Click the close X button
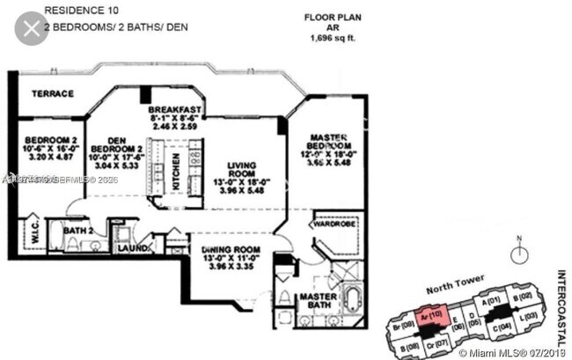tap(32, 30)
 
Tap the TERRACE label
tap(52, 92)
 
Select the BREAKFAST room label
tap(176, 109)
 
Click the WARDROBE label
tap(334, 223)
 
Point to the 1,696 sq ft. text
tap(331, 39)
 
